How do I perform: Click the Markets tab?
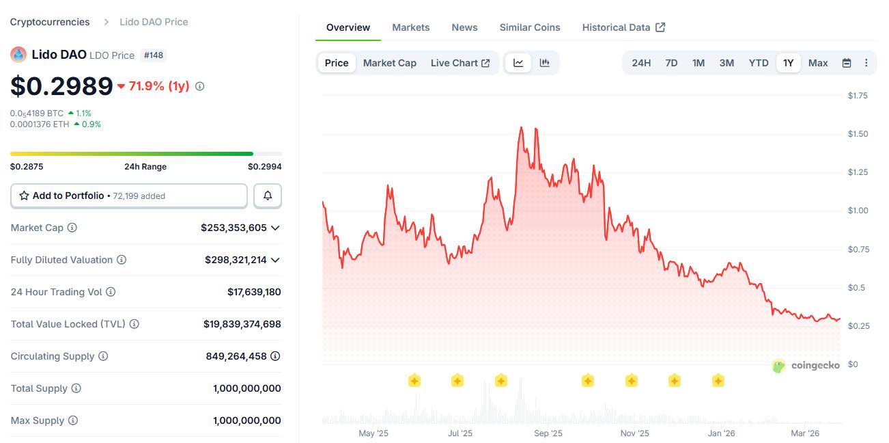[x=410, y=27]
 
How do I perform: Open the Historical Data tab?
[x=623, y=27]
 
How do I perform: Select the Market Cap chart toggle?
[x=389, y=63]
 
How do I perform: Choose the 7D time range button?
[x=671, y=63]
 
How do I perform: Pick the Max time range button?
[x=817, y=63]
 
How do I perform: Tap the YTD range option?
[x=758, y=63]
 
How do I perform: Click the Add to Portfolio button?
[x=129, y=196]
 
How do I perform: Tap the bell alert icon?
[x=268, y=196]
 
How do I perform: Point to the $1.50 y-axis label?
[x=858, y=134]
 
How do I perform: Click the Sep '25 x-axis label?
[x=548, y=433]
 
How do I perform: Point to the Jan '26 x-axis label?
[x=721, y=433]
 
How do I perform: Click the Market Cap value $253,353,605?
[x=234, y=228]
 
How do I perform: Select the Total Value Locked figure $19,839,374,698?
[x=242, y=324]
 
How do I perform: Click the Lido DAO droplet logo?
[x=18, y=55]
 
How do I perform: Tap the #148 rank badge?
[x=153, y=55]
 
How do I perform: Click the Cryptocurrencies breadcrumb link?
[x=50, y=22]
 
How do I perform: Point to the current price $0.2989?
[x=61, y=85]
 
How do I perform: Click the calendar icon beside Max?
[x=847, y=63]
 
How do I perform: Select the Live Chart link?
[x=460, y=63]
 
